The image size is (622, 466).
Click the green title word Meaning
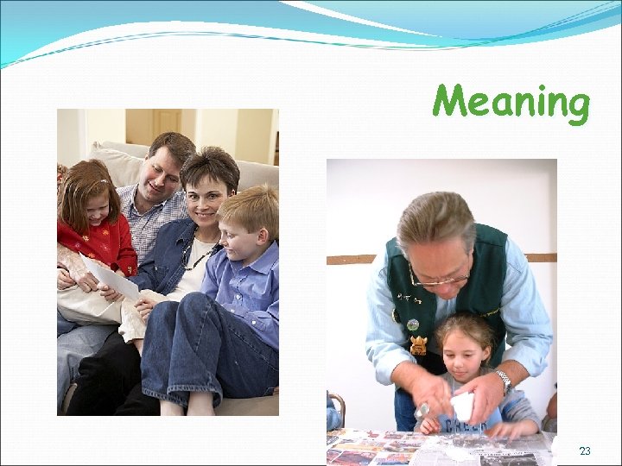(x=511, y=103)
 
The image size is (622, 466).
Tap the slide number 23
(x=585, y=451)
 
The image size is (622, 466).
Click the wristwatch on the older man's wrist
(x=504, y=378)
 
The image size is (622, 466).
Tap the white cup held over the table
(x=462, y=406)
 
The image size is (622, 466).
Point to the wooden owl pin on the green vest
(x=419, y=345)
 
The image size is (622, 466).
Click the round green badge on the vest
(x=413, y=324)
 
